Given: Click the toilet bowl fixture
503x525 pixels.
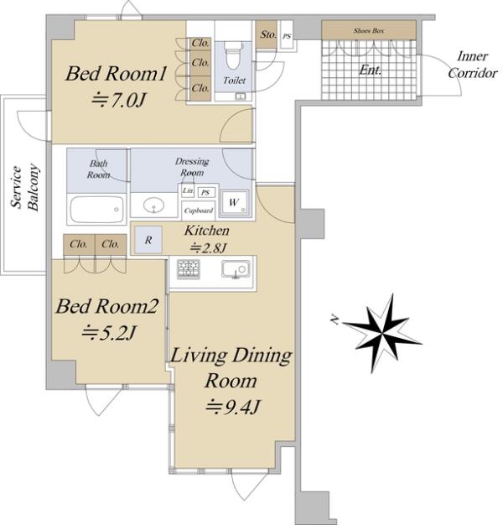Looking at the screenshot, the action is (234, 55).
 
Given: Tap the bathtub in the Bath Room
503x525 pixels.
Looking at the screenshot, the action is (97, 210).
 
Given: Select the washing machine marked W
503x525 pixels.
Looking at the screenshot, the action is (235, 203).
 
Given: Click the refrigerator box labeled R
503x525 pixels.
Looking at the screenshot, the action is (148, 240).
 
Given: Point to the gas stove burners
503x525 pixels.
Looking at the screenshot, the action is (189, 269).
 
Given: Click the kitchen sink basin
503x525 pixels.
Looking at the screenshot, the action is (236, 269).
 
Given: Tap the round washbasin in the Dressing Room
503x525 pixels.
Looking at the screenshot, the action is (153, 205).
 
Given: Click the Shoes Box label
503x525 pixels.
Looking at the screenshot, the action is (369, 30).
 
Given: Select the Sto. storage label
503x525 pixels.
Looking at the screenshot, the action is (268, 34).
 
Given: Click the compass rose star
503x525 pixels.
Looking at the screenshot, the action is (382, 334).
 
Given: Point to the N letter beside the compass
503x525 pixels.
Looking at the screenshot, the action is (334, 320).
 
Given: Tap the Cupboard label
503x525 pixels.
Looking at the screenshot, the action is (199, 211).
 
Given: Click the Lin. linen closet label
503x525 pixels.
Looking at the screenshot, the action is (188, 190).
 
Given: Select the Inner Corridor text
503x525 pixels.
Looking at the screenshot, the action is (473, 65).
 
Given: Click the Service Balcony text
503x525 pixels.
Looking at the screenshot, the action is (24, 188).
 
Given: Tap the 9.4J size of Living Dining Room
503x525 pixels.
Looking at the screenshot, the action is (232, 407).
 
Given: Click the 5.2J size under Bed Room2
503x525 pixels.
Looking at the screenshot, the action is (109, 332).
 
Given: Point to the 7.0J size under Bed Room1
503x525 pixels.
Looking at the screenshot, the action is (118, 100).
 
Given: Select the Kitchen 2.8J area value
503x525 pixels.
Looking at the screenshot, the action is (208, 248).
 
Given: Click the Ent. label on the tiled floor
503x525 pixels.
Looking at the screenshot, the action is (371, 70).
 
